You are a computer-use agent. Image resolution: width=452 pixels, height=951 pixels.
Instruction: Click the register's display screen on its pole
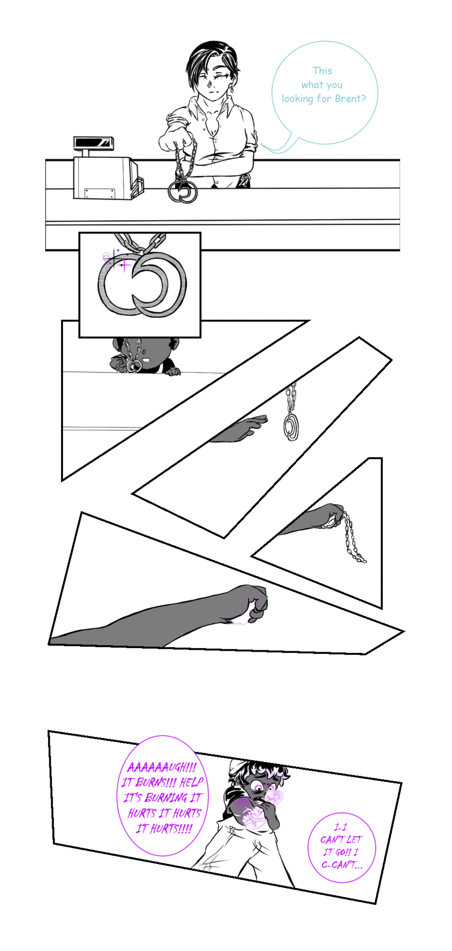tap(93, 142)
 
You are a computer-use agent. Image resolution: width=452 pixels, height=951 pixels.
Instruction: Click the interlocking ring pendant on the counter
tap(183, 192)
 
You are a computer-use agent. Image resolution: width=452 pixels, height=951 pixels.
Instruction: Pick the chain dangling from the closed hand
tap(353, 538)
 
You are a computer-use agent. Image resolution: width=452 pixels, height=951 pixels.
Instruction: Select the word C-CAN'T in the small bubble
tap(342, 865)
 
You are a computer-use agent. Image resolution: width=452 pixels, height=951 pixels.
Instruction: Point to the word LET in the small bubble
tap(354, 839)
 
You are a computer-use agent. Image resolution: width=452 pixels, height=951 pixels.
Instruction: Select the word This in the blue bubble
tap(322, 71)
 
